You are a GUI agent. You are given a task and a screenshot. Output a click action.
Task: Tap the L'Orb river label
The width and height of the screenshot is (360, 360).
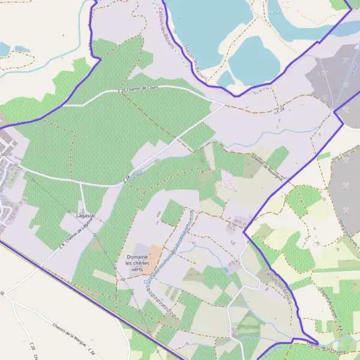click(275, 12)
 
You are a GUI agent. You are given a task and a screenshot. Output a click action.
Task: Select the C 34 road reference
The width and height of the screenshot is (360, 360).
click(91, 348)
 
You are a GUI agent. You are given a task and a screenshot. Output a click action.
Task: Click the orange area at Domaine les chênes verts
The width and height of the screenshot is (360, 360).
click(155, 255)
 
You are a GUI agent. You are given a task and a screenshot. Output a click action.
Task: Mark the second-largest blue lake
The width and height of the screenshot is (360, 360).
click(254, 61)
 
